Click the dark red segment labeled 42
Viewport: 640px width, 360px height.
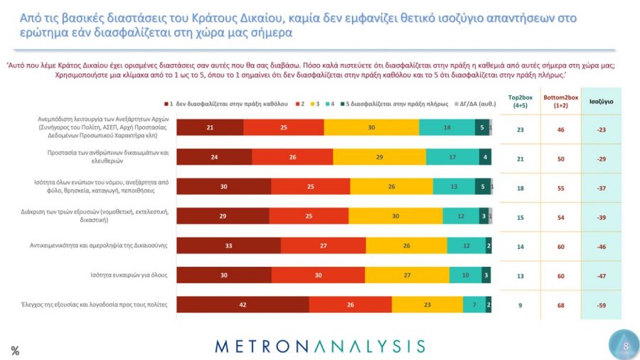pos(242,305)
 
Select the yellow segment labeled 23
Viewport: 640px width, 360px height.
pos(427,305)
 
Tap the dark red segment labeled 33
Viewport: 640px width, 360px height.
pos(228,245)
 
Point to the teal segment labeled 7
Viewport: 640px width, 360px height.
pos(474,305)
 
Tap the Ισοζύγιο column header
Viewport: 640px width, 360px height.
pos(601,101)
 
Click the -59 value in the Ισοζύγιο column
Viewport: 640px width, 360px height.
pos(601,305)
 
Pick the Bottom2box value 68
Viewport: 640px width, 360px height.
pos(562,305)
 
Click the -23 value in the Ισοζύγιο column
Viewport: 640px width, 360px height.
pos(601,129)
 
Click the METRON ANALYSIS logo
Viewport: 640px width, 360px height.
pos(320,346)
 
